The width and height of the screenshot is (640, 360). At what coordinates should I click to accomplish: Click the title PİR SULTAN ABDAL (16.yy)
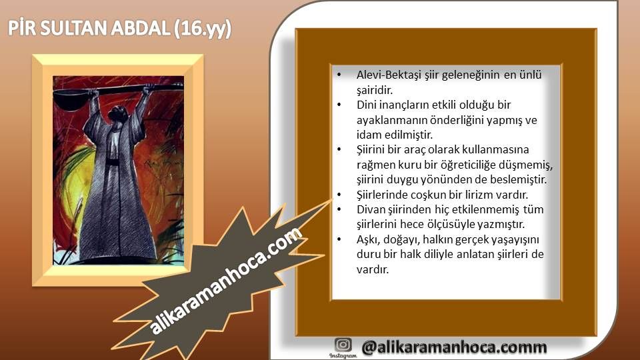(119, 29)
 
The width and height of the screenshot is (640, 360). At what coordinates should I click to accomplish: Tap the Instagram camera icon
(343, 345)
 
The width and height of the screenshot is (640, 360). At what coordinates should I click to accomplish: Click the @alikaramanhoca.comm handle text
(454, 347)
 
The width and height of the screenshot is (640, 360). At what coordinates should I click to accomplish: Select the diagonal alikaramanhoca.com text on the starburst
(226, 281)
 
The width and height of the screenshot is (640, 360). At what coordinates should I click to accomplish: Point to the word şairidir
(375, 90)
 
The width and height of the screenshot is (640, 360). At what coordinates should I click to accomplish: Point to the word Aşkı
(368, 239)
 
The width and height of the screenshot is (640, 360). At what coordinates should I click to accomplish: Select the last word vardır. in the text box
(372, 269)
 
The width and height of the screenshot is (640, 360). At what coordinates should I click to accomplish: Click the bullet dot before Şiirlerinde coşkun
(339, 195)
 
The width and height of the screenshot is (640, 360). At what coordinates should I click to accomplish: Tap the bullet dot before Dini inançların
(339, 105)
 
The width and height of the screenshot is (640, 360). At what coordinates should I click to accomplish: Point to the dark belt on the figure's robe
(113, 162)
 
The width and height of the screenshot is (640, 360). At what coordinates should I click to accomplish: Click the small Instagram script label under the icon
(343, 356)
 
